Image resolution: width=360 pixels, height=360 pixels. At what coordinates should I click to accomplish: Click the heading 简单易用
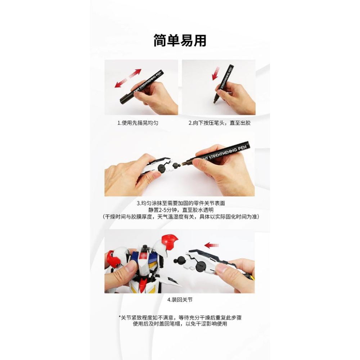(x=180, y=41)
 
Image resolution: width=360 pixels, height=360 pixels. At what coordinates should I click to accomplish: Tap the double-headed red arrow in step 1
(x=128, y=78)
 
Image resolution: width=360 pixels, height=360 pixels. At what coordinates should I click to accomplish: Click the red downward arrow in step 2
(x=216, y=73)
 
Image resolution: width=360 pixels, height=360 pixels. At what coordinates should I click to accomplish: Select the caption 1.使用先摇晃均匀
(x=138, y=123)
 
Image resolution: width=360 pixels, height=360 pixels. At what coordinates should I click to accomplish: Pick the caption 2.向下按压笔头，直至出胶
(x=220, y=123)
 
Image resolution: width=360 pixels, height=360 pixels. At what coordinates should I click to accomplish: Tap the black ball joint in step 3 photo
(x=176, y=165)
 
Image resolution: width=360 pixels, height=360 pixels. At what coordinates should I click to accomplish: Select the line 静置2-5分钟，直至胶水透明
(x=181, y=210)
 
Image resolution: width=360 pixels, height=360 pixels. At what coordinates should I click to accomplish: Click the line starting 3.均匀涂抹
(x=181, y=203)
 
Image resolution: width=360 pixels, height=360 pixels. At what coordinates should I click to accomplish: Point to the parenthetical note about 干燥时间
(x=181, y=217)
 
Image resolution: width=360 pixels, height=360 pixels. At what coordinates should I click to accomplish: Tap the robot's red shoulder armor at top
(x=170, y=242)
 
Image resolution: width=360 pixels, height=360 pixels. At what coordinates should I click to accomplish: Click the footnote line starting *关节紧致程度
(x=180, y=318)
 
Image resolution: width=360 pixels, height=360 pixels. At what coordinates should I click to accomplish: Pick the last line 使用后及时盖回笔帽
(x=180, y=324)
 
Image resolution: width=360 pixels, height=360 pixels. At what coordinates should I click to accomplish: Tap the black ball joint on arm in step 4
(x=178, y=261)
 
